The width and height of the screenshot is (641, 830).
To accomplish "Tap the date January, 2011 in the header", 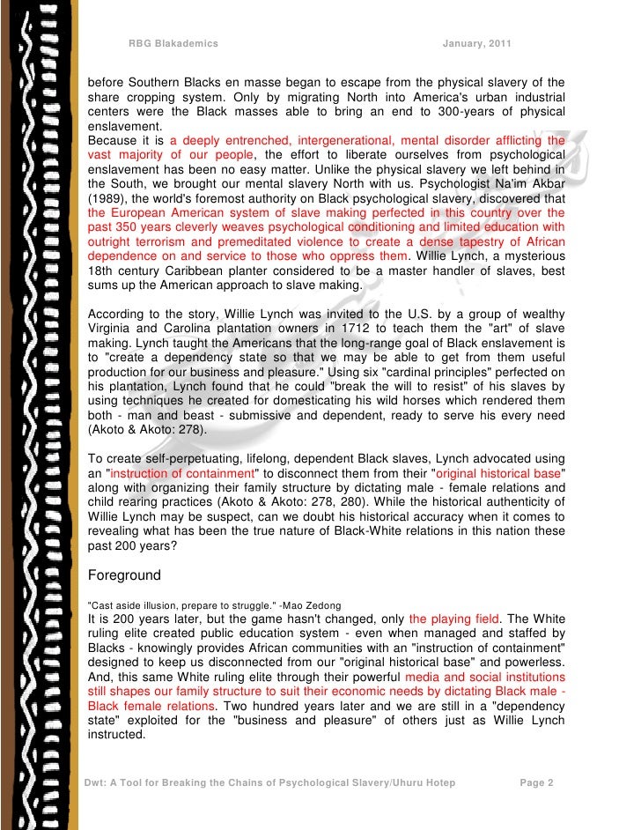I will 476,44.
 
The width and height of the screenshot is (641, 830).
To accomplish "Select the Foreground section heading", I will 123,575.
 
